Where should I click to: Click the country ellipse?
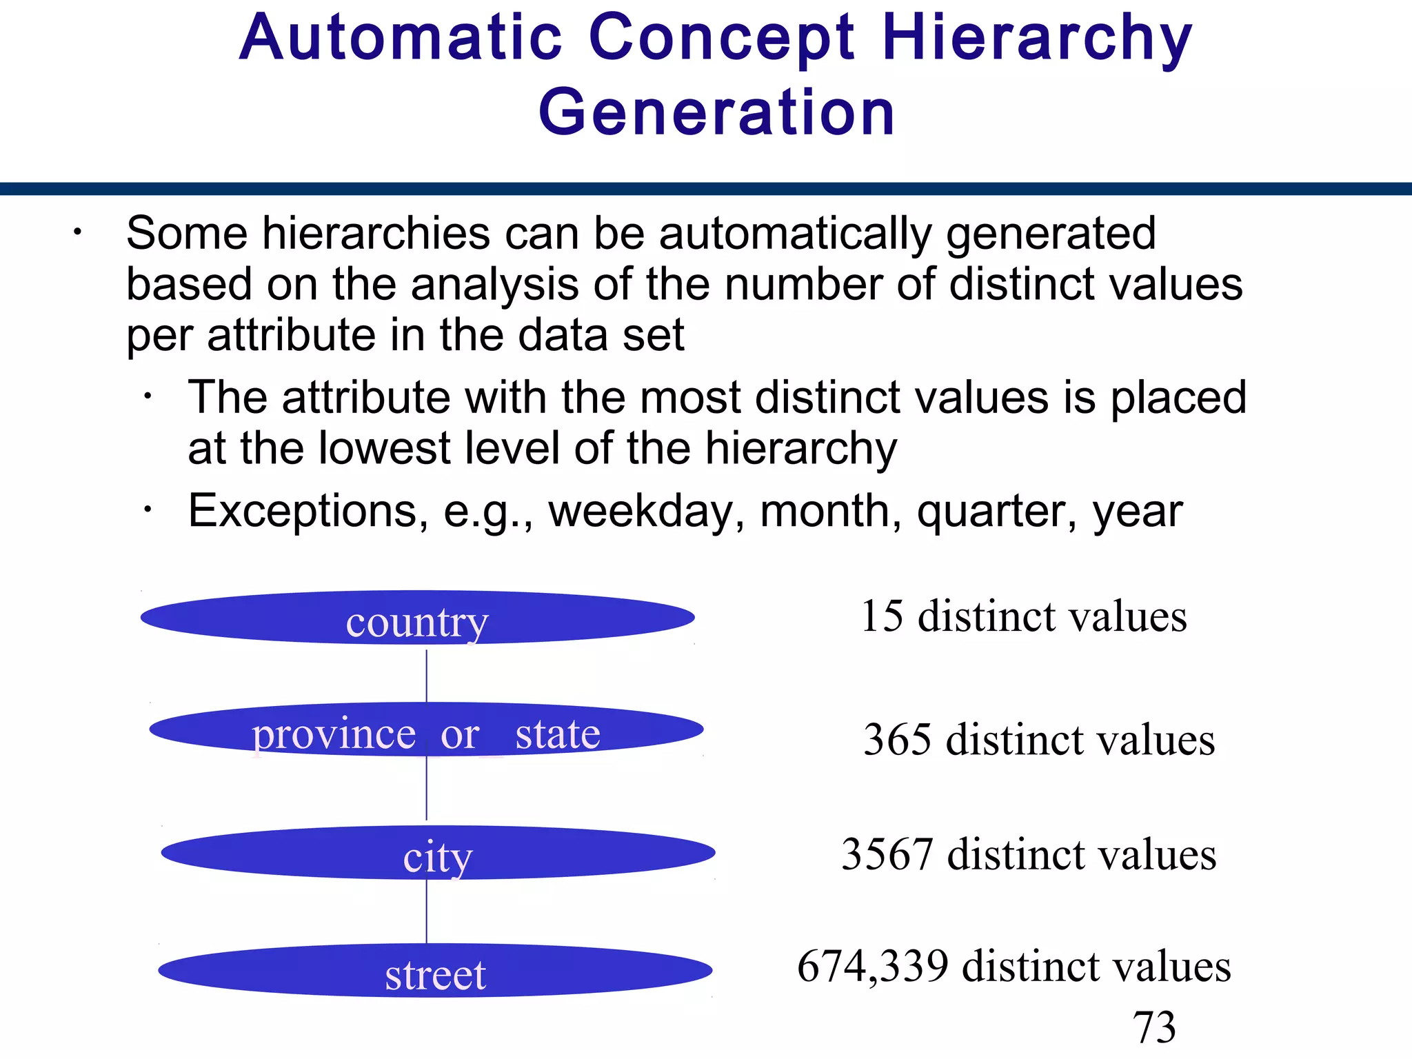click(x=417, y=618)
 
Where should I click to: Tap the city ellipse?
click(x=438, y=853)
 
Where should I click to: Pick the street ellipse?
click(x=435, y=971)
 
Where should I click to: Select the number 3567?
click(x=888, y=854)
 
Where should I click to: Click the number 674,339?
click(x=872, y=966)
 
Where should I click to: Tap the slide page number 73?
click(x=1154, y=1027)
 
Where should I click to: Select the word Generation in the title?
click(x=716, y=112)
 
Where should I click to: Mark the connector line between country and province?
click(x=427, y=675)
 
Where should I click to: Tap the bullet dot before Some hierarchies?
click(x=78, y=232)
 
